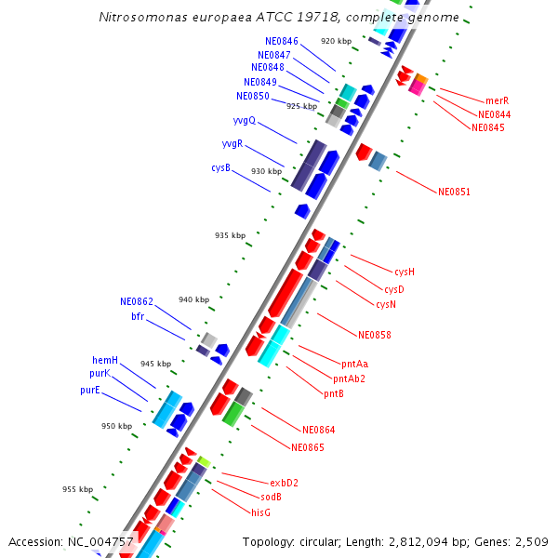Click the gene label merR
(497, 100)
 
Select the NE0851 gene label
(454, 193)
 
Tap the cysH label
(405, 272)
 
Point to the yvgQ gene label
(245, 121)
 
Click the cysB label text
(220, 168)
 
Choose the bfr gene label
(138, 316)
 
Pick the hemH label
(105, 360)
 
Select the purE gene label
(89, 391)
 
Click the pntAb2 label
(349, 379)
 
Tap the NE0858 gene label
(375, 335)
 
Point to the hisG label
(260, 512)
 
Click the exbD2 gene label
(284, 483)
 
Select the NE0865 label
(307, 448)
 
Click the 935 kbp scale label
(230, 235)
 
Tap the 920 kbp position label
(336, 41)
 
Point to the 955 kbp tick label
(77, 489)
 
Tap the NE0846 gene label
(282, 41)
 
